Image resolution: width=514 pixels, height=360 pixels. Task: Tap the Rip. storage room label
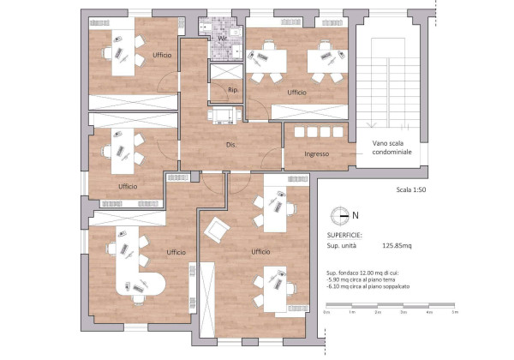click(232, 89)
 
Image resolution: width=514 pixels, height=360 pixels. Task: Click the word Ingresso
click(300, 153)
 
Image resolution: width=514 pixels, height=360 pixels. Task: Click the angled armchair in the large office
click(217, 230)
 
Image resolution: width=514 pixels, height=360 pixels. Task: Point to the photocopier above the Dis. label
click(224, 115)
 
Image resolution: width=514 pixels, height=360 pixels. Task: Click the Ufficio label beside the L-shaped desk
click(176, 252)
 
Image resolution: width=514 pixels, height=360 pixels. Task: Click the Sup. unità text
click(343, 246)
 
